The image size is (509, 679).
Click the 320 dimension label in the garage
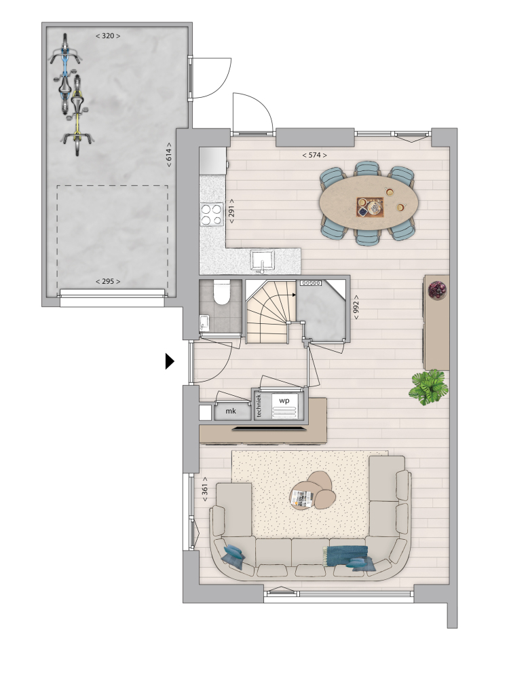point(108,36)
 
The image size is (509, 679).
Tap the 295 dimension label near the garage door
point(108,282)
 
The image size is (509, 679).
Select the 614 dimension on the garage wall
point(169,155)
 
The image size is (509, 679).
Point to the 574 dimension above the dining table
point(314,155)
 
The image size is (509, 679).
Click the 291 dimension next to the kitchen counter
point(231,211)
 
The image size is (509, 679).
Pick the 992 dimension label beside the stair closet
point(356,307)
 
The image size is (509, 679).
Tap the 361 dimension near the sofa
point(205,490)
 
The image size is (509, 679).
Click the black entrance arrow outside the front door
point(170,361)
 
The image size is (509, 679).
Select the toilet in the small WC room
point(222,291)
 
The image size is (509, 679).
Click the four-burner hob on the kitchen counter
point(211,215)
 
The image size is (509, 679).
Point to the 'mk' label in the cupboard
point(231,411)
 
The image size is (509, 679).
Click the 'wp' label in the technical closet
point(284,401)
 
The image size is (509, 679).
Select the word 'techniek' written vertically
point(259,406)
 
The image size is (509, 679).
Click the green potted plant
point(428,387)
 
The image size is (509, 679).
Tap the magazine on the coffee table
point(302,498)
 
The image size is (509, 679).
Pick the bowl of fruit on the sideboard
point(437,289)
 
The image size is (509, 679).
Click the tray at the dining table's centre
point(370,206)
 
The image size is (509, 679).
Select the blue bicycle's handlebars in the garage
point(64,56)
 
